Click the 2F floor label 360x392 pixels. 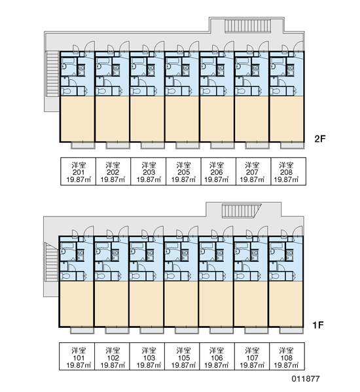tap(320, 139)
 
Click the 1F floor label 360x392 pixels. tap(318, 325)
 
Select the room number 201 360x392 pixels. tap(79, 172)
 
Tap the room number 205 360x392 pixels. tap(183, 172)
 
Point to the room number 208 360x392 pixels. tap(286, 172)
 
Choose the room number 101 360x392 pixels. tap(79, 358)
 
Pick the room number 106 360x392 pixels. tap(216, 358)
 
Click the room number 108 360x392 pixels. tap(286, 358)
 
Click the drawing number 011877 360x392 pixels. tap(306, 379)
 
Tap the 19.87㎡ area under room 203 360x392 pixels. tap(149, 179)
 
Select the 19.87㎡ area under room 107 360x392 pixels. tap(252, 365)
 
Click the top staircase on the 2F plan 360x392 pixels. tap(247, 26)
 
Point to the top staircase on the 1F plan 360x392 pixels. tap(242, 211)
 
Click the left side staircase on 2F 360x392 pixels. tap(52, 73)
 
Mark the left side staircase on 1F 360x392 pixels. tap(51, 262)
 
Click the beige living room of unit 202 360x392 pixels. tap(112, 118)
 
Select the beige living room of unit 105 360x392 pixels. tap(181, 304)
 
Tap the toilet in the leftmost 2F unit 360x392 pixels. tap(67, 91)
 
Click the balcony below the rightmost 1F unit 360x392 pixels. tap(291, 330)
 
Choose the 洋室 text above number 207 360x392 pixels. tap(252, 165)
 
